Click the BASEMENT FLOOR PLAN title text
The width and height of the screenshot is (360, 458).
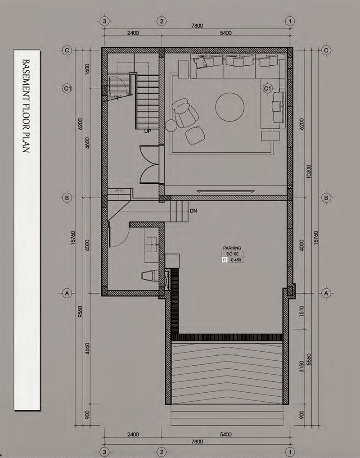pos(26,106)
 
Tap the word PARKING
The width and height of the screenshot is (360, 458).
pos(232,248)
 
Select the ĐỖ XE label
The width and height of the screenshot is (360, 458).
pos(232,254)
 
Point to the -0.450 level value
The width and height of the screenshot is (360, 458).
pos(235,260)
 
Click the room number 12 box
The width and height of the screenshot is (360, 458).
pos(225,260)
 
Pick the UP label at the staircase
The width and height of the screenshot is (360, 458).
pos(148,131)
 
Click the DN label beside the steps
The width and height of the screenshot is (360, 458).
pos(193,211)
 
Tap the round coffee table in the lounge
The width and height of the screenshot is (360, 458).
pos(229,107)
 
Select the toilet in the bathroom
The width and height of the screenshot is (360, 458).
pos(149,276)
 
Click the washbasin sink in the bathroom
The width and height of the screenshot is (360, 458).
pos(152,245)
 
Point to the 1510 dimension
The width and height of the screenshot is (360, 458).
pos(301,311)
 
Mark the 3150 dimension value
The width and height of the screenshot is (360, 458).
pos(301,367)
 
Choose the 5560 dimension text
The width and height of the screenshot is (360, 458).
pos(309,359)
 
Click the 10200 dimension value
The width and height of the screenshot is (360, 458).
pos(309,172)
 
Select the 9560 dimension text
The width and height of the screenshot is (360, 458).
pos(80,312)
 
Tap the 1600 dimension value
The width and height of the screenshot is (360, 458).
pos(87,69)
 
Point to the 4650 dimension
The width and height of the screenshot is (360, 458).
pos(87,349)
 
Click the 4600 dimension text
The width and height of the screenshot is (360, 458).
pos(87,143)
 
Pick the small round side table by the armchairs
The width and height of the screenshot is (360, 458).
pos(171,126)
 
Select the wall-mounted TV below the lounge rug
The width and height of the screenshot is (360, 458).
pos(225,191)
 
